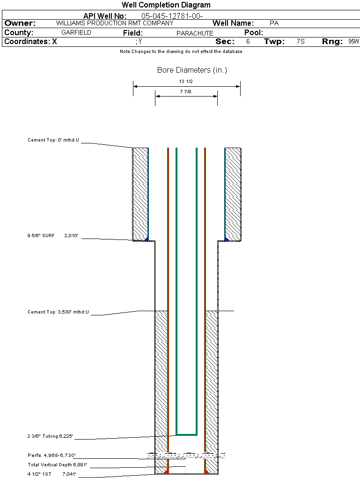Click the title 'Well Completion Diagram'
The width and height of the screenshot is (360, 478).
(x=166, y=5)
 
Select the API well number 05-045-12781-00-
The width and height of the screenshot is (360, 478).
(x=172, y=16)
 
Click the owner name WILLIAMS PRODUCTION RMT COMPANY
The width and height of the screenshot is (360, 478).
(x=114, y=23)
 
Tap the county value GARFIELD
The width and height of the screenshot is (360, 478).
(x=76, y=33)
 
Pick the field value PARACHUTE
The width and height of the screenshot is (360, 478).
(x=195, y=33)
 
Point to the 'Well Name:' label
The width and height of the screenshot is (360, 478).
(x=233, y=23)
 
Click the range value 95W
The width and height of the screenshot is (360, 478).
(x=353, y=42)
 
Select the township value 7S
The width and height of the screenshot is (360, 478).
(x=301, y=42)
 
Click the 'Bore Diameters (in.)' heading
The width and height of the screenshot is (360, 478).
(x=192, y=70)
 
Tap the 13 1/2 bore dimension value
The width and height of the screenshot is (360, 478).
(x=186, y=81)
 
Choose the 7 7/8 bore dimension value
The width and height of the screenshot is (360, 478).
(x=185, y=91)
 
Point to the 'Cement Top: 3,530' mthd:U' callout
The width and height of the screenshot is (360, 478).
(x=58, y=312)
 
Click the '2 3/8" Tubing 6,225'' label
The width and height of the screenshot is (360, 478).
(x=50, y=436)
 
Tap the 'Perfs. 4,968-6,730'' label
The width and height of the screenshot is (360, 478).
(x=51, y=455)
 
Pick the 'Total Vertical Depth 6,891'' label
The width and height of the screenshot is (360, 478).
(x=58, y=465)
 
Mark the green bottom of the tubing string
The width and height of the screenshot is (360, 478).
(x=186, y=434)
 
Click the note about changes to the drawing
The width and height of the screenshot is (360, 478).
(x=181, y=52)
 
